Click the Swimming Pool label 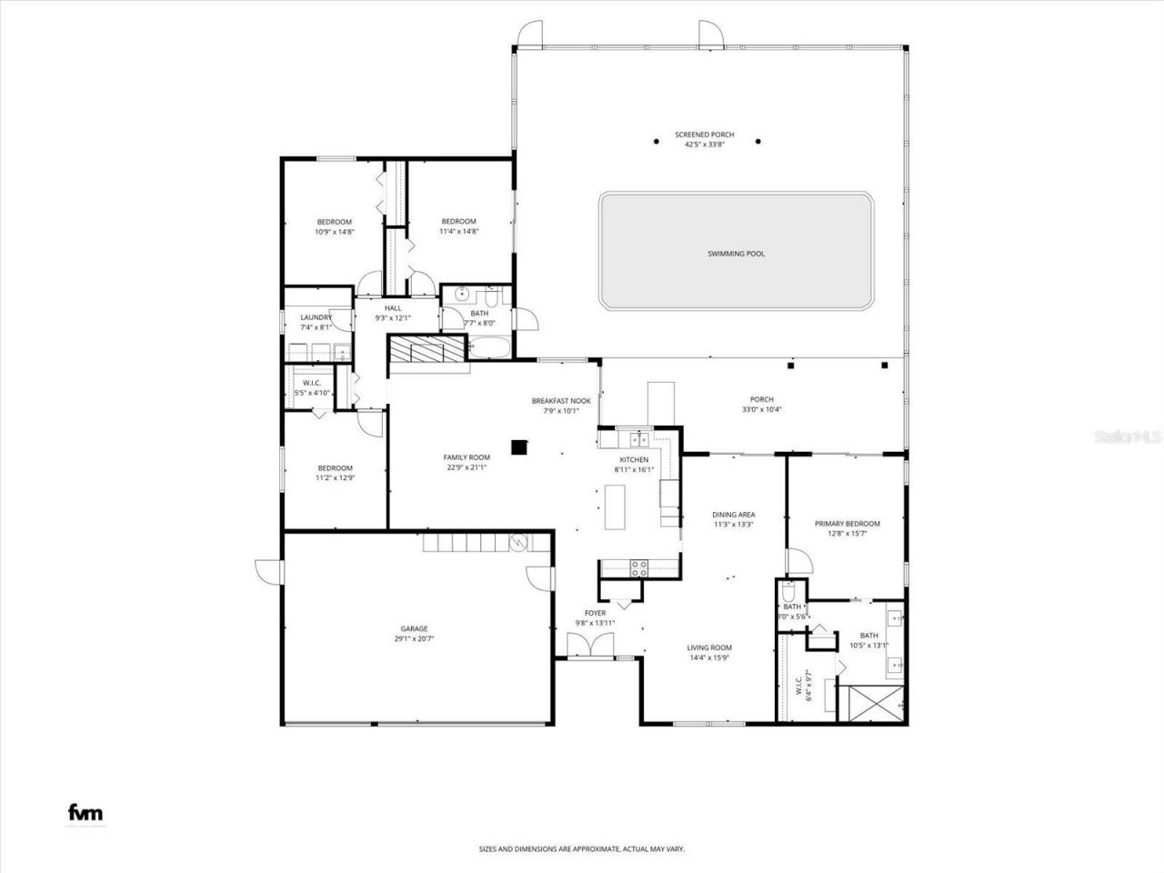pos(736,254)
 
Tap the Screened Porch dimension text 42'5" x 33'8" pos(704,144)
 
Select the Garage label pos(414,628)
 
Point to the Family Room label pos(467,457)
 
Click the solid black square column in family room pos(519,447)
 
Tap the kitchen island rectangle pos(617,507)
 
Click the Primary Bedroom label pos(847,524)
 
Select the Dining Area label pos(733,515)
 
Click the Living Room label pos(708,647)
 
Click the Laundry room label pos(316,317)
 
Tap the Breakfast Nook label pos(561,400)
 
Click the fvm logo pos(85,813)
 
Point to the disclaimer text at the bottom pos(582,849)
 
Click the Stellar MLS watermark pos(1127,437)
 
